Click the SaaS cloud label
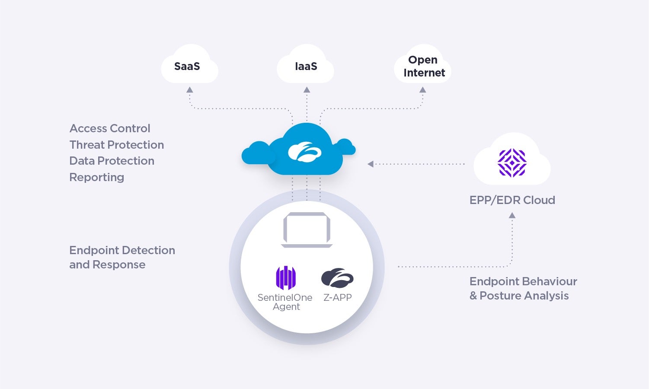[187, 66]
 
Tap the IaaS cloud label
[306, 66]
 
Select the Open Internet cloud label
[424, 66]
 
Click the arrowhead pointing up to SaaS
[189, 90]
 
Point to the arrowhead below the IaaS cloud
[307, 90]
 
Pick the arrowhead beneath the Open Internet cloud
[423, 90]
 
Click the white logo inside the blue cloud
[304, 152]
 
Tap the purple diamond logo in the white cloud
[512, 163]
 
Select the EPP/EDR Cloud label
[512, 200]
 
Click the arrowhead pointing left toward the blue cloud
[371, 164]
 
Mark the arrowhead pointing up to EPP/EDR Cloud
[512, 215]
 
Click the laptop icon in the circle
[307, 230]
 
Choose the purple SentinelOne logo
[286, 277]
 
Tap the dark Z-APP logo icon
[337, 278]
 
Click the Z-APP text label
[337, 297]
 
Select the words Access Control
[110, 128]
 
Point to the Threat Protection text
[117, 145]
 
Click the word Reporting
[96, 177]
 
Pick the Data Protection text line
[112, 161]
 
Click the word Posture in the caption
[501, 296]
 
